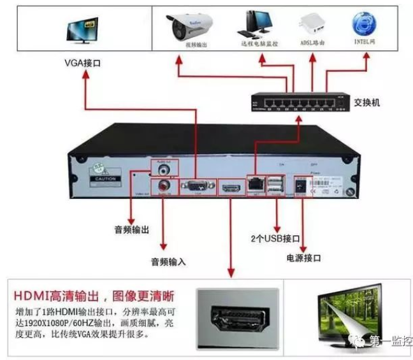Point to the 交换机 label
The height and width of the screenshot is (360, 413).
(367, 101)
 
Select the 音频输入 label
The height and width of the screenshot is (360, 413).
(168, 261)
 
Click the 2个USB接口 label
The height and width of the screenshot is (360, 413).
(275, 238)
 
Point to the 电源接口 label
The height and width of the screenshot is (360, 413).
(303, 258)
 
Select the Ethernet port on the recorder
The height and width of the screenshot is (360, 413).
(256, 183)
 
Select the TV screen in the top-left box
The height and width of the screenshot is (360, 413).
(83, 30)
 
